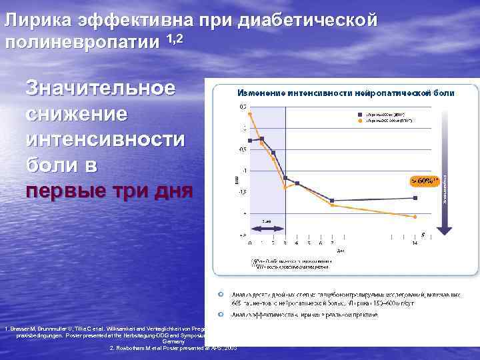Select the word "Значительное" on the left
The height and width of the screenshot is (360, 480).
point(101,88)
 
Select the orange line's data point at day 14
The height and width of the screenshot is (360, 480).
point(415,217)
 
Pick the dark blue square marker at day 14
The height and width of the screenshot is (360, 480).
point(415,197)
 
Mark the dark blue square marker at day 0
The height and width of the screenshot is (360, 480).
point(249,141)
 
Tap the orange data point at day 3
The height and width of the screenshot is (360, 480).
point(285,187)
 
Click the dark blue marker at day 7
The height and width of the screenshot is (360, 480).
point(331,201)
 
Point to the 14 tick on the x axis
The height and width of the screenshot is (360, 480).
point(415,242)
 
